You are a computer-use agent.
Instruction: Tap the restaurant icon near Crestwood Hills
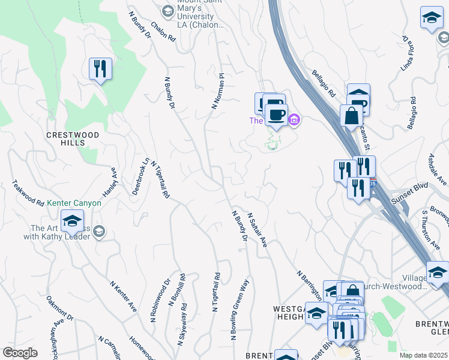[100, 69]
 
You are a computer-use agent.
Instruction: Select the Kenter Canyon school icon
[72, 221]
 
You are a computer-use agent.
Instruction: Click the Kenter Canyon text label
[74, 203]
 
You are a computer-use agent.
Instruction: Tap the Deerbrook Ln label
[140, 176]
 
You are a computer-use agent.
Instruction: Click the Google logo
[20, 353]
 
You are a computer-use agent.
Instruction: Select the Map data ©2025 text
[424, 355]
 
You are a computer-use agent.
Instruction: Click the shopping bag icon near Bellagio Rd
[351, 116]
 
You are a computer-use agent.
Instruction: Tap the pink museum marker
[294, 121]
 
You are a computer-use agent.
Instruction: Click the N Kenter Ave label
[123, 295]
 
